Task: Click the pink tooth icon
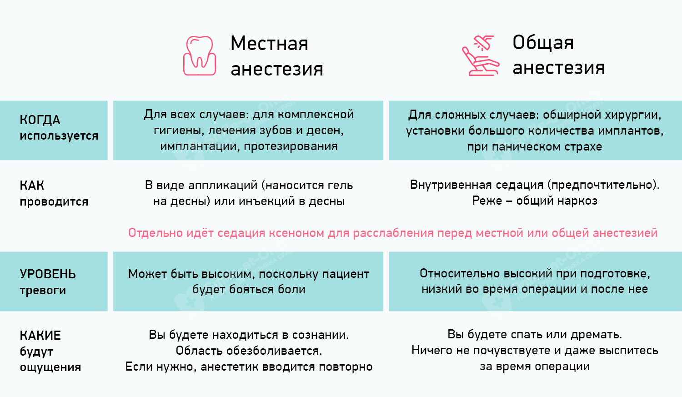(x=200, y=56)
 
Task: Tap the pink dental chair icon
(x=481, y=55)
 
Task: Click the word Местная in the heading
(x=270, y=43)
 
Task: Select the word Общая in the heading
(x=543, y=43)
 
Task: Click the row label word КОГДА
(x=40, y=120)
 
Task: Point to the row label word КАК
(x=32, y=186)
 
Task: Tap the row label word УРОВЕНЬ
(x=48, y=274)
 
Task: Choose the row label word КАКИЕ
(x=40, y=336)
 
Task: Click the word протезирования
(x=291, y=146)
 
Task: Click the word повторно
(x=346, y=367)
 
